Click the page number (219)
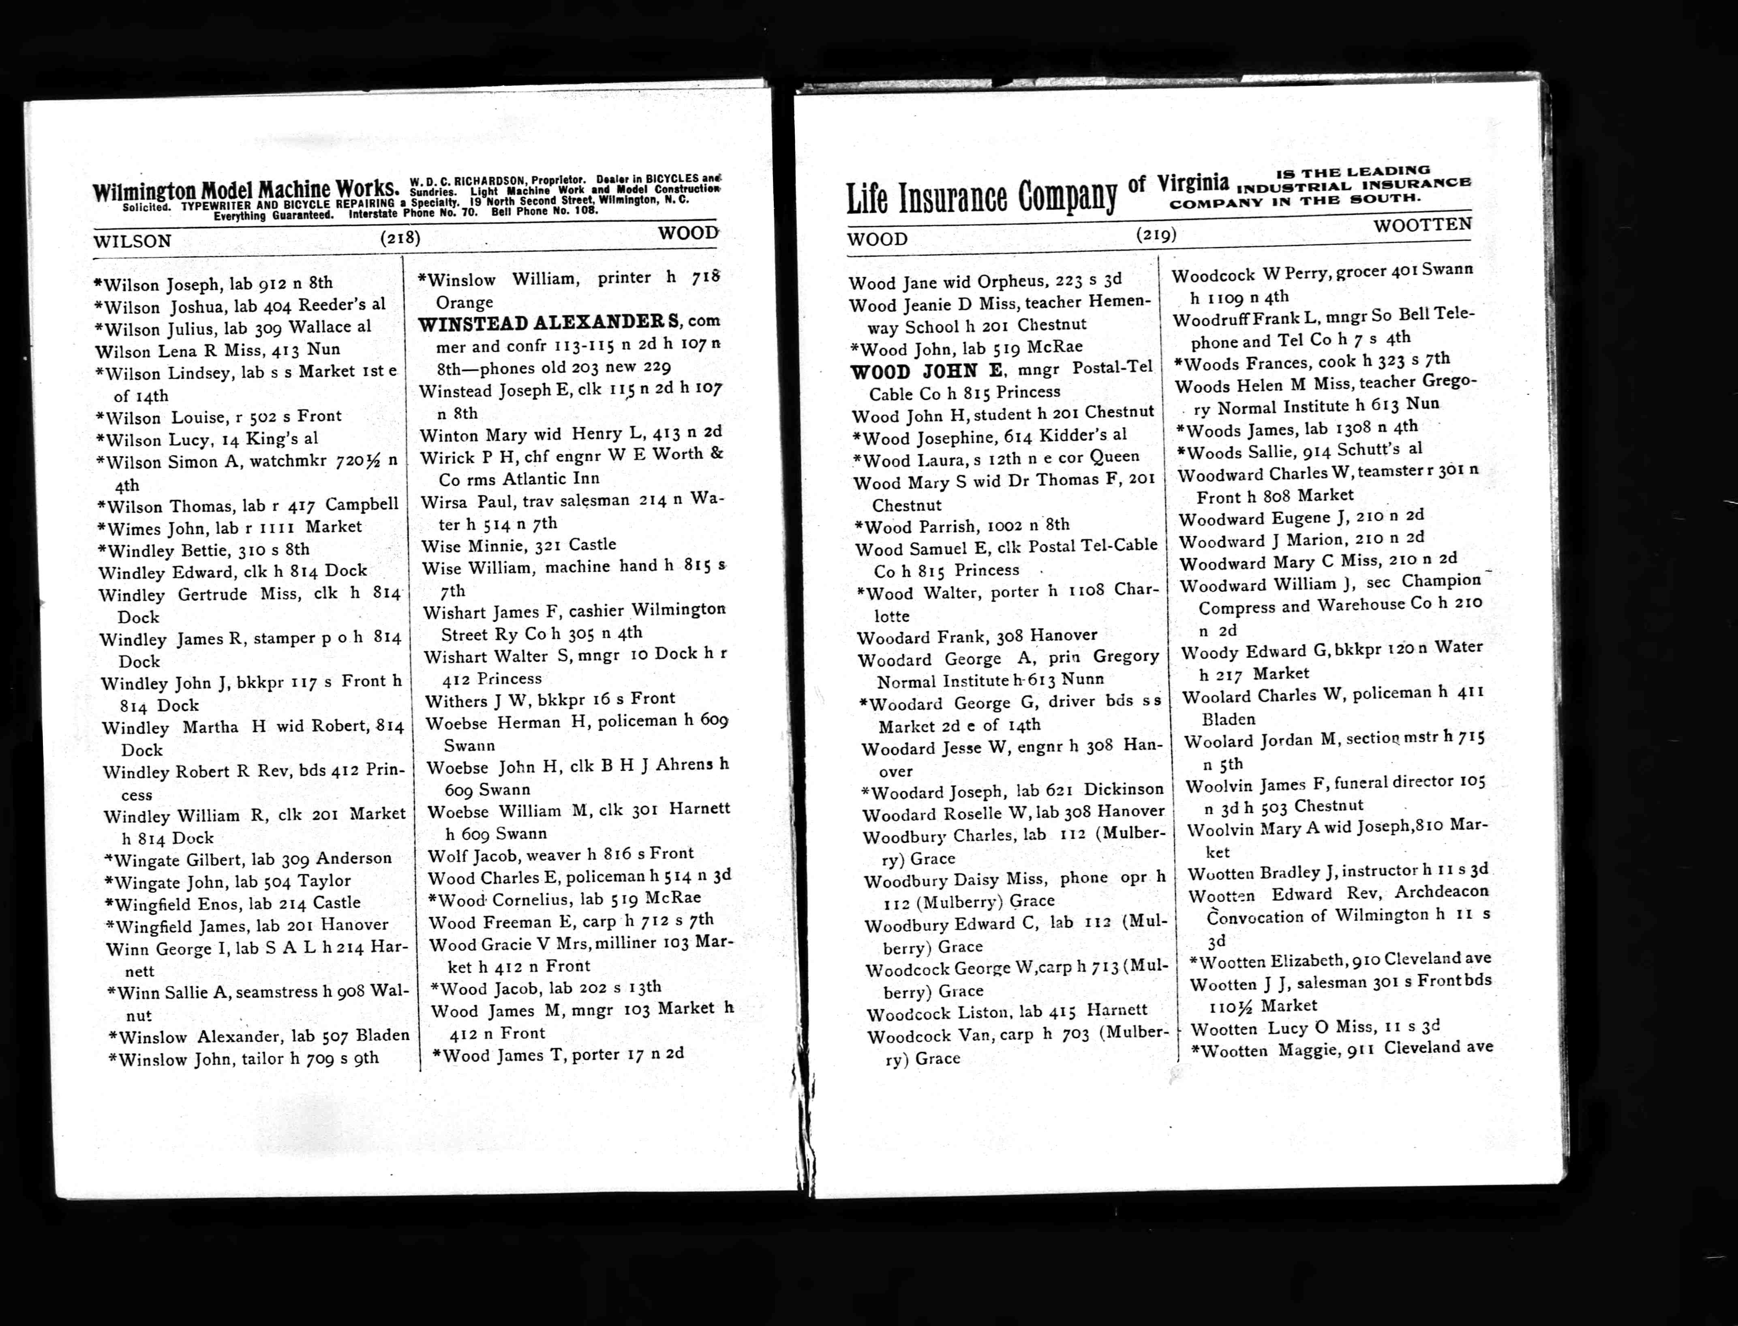(1156, 233)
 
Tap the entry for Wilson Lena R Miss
(217, 351)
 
